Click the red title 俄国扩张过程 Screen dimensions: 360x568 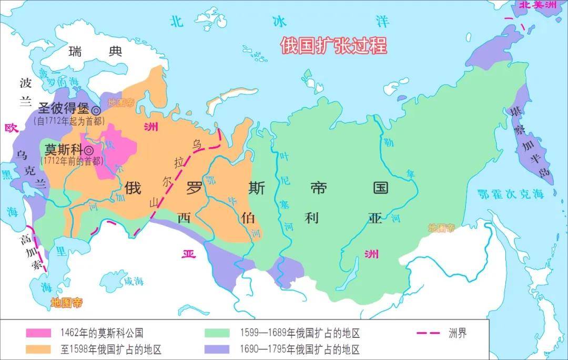[333, 46]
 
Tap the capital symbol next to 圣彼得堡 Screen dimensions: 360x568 [96, 110]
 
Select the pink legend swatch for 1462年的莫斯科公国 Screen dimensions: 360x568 [39, 333]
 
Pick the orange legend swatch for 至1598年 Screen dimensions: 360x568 [39, 349]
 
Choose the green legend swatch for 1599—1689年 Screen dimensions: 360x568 [217, 333]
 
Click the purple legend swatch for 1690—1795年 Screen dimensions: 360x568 [217, 349]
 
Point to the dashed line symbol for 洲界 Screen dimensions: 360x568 [428, 333]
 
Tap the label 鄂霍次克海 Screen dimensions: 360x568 [510, 194]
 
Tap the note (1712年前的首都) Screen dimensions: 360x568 [72, 160]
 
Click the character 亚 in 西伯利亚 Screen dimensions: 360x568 [375, 219]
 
